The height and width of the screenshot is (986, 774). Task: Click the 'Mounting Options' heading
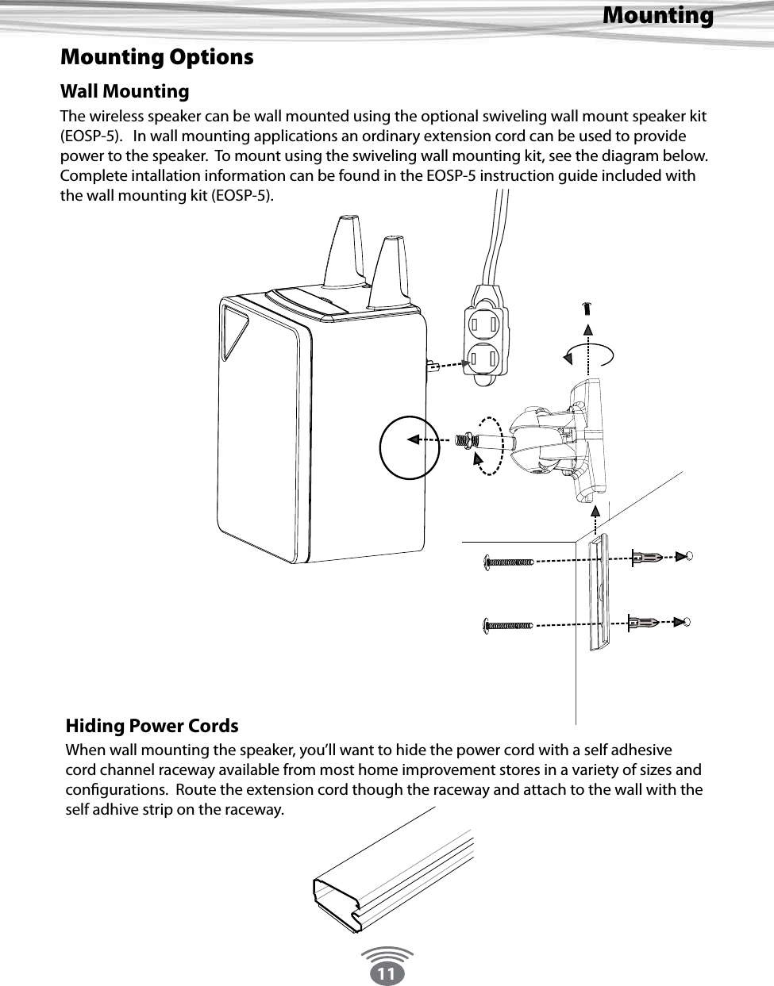[x=157, y=58]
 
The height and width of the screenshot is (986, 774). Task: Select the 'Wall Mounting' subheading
[x=125, y=91]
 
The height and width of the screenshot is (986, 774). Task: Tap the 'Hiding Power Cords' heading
[x=152, y=726]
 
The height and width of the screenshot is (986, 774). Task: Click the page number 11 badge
[x=387, y=973]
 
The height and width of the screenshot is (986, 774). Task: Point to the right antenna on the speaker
[x=391, y=270]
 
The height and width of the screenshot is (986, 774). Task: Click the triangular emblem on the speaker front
[x=235, y=332]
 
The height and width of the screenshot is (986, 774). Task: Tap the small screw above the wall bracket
[x=587, y=309]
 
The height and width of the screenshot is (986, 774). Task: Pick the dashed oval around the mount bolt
[x=486, y=445]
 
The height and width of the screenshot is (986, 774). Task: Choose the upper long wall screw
[x=508, y=562]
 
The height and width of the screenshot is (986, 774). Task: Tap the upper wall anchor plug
[x=646, y=558]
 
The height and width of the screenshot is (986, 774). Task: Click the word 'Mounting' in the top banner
[x=657, y=15]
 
